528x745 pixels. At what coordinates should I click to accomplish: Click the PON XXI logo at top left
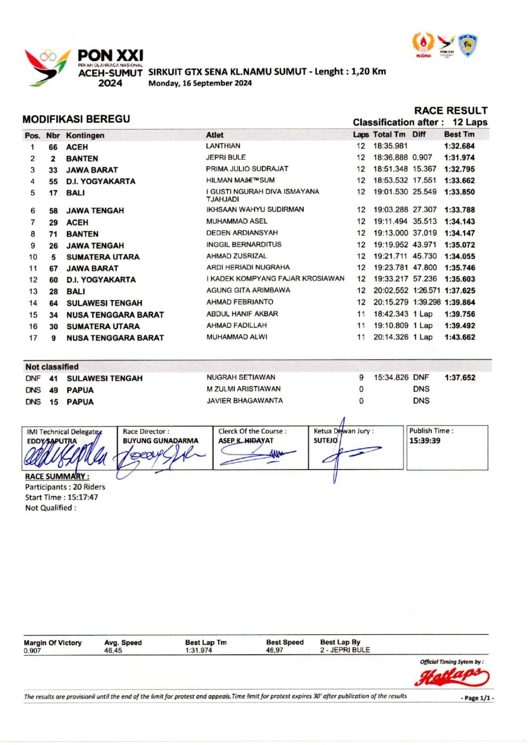coord(84,68)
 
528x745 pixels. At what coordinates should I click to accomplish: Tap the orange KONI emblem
coord(423,44)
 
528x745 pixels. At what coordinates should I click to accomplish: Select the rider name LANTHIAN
coord(223,146)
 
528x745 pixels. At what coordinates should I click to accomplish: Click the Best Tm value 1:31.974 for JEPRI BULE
coord(459,158)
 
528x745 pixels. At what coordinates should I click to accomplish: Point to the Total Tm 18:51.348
coord(391,169)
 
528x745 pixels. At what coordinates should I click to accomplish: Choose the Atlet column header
coord(215,135)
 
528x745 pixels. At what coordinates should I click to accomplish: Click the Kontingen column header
coord(85,135)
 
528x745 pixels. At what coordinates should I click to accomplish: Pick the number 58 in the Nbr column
coord(53,211)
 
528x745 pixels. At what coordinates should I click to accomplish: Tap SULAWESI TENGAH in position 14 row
coord(104,303)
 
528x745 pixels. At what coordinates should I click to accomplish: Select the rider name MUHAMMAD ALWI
coord(237,337)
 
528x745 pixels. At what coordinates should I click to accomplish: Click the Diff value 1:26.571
coord(426,291)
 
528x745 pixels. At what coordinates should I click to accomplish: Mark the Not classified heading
coord(52,367)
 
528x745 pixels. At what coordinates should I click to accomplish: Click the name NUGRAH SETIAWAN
coord(241,377)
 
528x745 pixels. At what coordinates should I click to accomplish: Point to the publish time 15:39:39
coord(424,440)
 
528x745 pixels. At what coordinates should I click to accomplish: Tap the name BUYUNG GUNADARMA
coord(160,440)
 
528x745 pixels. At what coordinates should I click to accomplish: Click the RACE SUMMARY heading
coord(57,477)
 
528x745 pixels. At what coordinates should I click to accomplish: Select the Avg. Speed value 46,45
coord(113,651)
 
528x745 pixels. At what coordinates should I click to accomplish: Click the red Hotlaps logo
coord(452,676)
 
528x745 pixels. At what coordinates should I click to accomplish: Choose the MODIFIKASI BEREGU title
coord(76,119)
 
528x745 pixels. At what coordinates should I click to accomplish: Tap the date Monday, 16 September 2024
coord(200,83)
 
